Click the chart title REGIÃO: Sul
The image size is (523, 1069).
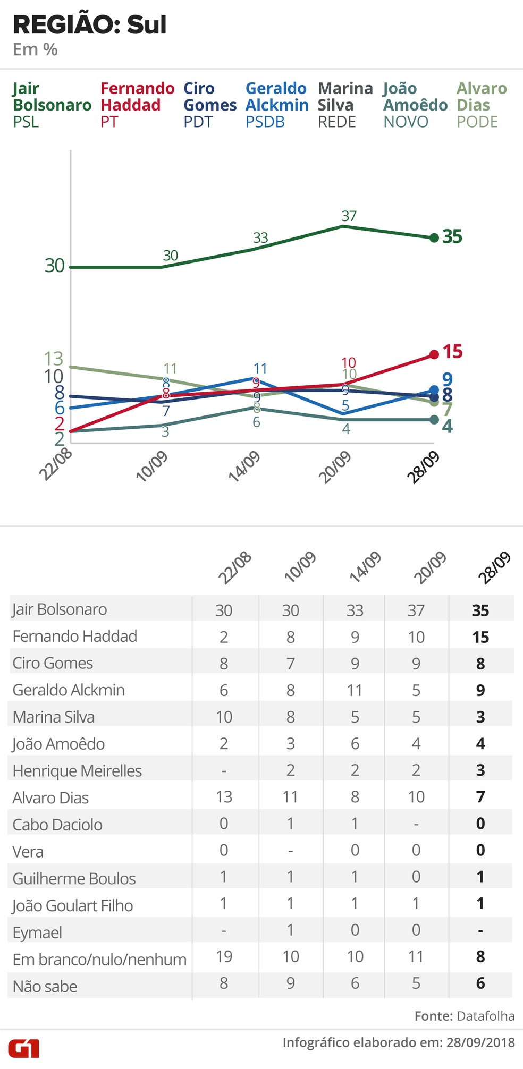coord(89,25)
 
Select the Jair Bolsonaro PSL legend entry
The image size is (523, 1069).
coord(52,105)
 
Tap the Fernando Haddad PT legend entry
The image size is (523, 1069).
coord(137,105)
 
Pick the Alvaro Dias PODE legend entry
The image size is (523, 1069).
coord(482,105)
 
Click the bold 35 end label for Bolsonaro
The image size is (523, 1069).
coord(452,236)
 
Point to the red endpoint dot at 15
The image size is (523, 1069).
coord(434,354)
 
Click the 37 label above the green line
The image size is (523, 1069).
coord(349,216)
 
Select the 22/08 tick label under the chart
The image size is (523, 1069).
coord(56,464)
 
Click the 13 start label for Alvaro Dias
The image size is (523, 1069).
coord(53,359)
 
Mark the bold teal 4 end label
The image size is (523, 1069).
coord(448,426)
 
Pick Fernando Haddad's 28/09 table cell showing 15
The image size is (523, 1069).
coord(480,637)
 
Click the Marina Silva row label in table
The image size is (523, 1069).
coord(54,717)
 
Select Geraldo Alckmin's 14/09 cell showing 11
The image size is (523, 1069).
coord(355,690)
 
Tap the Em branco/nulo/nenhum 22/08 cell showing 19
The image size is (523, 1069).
coord(224,956)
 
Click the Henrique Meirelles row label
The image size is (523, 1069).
coord(77,770)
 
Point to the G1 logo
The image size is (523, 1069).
coord(23,1049)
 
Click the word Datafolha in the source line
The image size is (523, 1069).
coord(485,1016)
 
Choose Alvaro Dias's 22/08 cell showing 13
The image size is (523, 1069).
coord(224,797)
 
